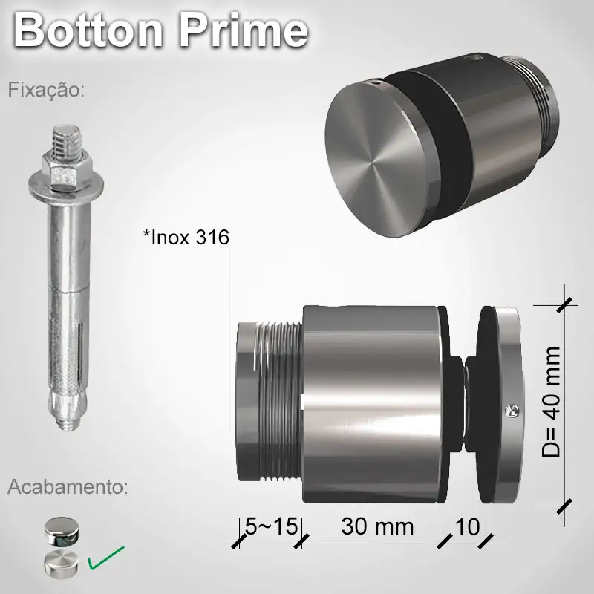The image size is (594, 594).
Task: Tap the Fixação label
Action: pos(47,91)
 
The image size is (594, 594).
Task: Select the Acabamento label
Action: pos(68,487)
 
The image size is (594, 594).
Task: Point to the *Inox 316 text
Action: pos(186,238)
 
